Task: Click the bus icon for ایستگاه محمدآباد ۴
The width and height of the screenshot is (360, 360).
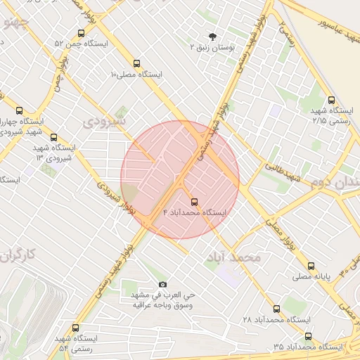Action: pyautogui.click(x=194, y=201)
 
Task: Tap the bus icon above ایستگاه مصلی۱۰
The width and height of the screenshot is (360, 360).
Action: pyautogui.click(x=136, y=63)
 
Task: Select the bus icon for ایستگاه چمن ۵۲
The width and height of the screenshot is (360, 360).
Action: pyautogui.click(x=81, y=33)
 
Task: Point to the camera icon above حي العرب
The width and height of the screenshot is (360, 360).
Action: pyautogui.click(x=163, y=284)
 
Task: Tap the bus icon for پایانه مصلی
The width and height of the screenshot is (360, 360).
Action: pyautogui.click(x=311, y=266)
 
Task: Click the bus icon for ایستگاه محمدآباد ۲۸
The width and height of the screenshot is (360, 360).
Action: pyautogui.click(x=276, y=308)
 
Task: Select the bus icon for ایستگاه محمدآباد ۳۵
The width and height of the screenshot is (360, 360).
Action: pyautogui.click(x=308, y=336)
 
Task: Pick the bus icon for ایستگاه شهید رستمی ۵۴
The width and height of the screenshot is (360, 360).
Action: pyautogui.click(x=76, y=328)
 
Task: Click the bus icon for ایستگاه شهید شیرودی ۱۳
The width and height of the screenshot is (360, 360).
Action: pyautogui.click(x=53, y=138)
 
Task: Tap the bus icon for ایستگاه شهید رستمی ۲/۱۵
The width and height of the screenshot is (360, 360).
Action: pyautogui.click(x=331, y=100)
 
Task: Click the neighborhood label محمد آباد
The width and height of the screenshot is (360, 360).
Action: pyautogui.click(x=233, y=257)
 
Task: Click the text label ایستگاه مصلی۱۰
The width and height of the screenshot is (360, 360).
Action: pyautogui.click(x=136, y=74)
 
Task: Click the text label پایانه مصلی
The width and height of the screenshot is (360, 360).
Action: pyautogui.click(x=311, y=277)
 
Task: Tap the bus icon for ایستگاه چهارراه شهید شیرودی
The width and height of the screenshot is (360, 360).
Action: pyautogui.click(x=19, y=110)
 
